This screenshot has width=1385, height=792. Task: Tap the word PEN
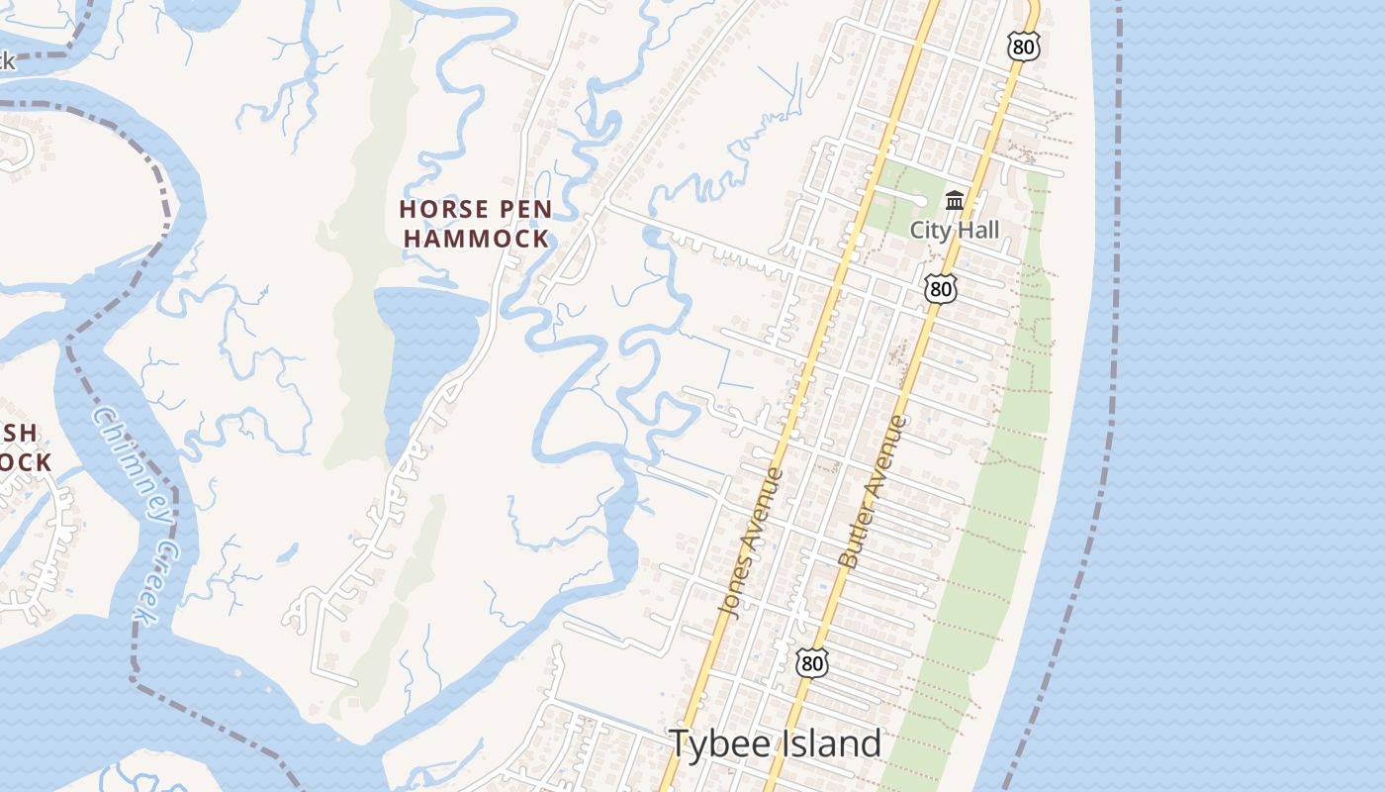[x=522, y=210]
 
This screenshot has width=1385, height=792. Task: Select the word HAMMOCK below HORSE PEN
[x=476, y=239]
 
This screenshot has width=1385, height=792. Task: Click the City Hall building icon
[x=955, y=201]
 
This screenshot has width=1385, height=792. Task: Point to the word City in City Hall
[x=931, y=231]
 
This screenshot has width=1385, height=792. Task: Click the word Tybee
[x=717, y=743]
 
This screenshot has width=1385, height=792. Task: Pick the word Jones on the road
[x=740, y=581]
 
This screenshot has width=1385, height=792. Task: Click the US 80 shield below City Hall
[x=941, y=288]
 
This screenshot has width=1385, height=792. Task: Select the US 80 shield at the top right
[x=1024, y=45]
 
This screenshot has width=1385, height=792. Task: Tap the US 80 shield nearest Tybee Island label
[x=811, y=663]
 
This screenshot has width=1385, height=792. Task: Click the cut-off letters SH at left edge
[x=20, y=434]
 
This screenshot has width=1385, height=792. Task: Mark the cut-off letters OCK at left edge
[x=26, y=462]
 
